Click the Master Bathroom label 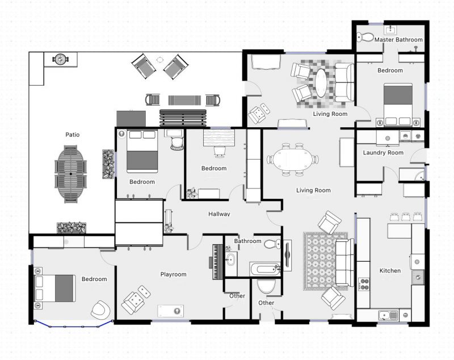pos(398,40)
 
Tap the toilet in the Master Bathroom pos(364,37)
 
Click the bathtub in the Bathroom pos(265,269)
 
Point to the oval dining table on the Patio pos(70,174)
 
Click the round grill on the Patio pos(61,60)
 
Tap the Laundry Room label pos(383,153)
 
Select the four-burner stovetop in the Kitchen pos(364,284)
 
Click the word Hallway pos(219,214)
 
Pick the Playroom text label pos(174,274)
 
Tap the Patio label pos(73,135)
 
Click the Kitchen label pos(390,270)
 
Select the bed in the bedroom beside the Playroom pos(54,288)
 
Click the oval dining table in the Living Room pos(293,159)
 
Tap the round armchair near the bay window pos(100,309)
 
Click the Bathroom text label pos(247,241)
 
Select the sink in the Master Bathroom pos(390,30)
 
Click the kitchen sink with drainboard pos(388,315)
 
